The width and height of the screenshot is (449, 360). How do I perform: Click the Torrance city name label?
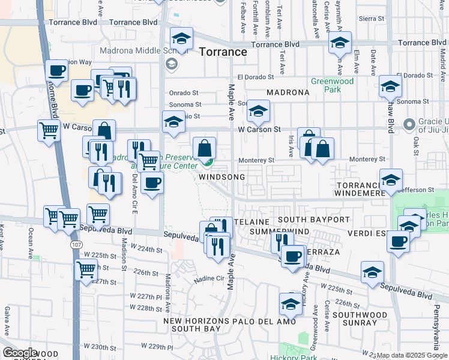point(223,52)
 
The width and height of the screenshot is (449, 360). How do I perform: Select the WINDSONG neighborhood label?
point(222,178)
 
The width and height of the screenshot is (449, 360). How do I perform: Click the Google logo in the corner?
point(20,353)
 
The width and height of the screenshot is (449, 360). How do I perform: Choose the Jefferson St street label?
point(418,190)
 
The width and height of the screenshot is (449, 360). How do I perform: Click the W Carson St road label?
point(259,129)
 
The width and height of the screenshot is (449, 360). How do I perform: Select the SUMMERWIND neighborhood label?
point(279,232)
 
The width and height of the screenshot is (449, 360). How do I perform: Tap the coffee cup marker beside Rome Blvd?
point(56,71)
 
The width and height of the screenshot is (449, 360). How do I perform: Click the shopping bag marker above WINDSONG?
point(205,148)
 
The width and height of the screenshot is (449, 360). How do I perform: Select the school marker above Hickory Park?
point(291,304)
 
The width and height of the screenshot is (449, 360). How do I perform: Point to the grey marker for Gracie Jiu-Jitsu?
point(410,125)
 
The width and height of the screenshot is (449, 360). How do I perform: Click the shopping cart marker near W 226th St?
point(86,269)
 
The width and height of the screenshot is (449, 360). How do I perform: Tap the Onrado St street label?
point(184,93)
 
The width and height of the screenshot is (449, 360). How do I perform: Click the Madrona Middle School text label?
point(133,51)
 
